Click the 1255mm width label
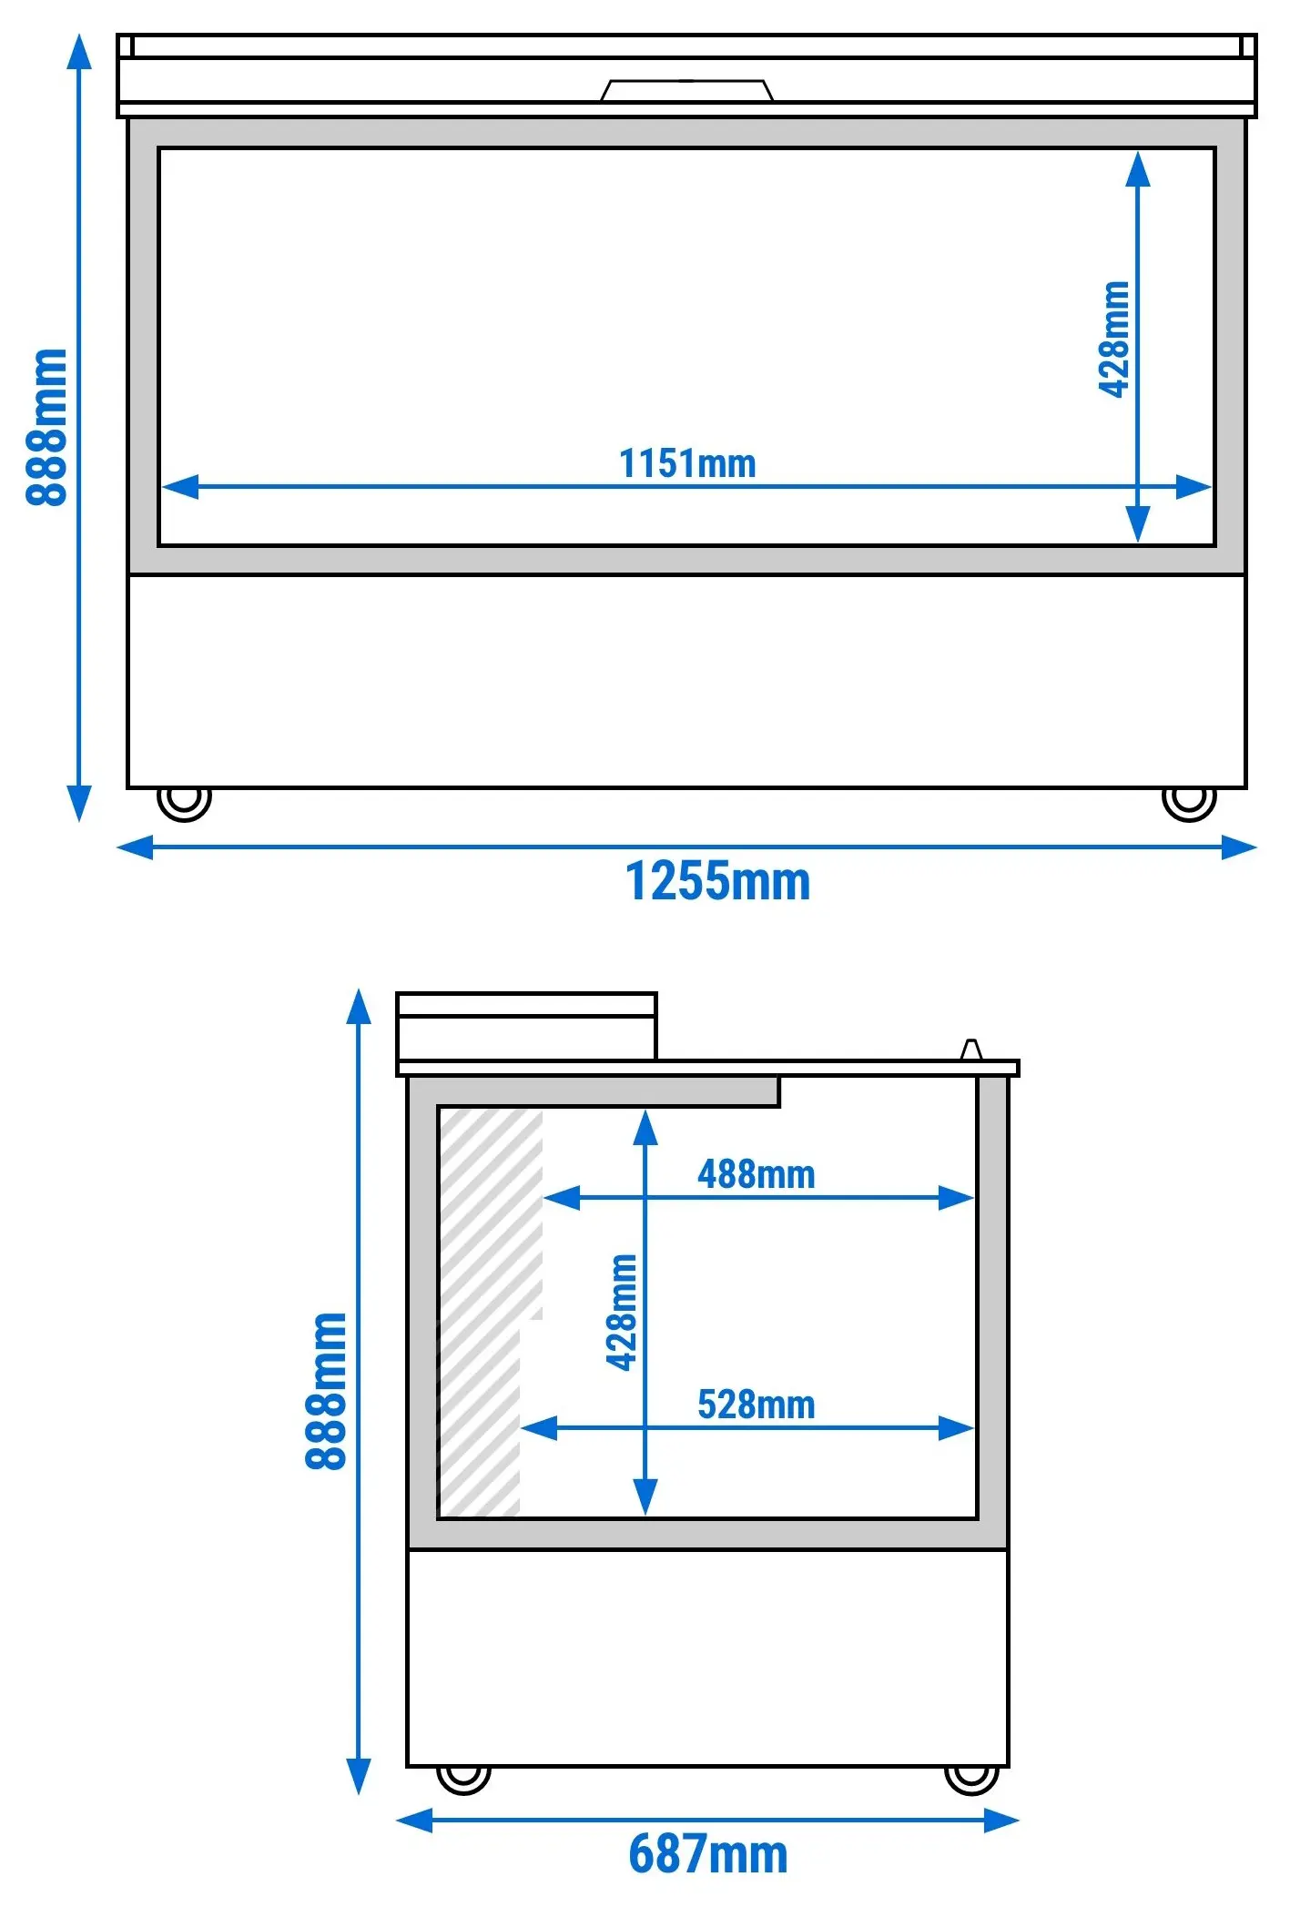(717, 881)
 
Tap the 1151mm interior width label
(687, 463)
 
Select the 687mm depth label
(708, 1853)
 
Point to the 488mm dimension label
(757, 1174)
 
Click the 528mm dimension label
(757, 1405)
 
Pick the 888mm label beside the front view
(46, 427)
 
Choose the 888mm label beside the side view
(326, 1391)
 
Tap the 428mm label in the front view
(1114, 340)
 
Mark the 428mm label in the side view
(622, 1312)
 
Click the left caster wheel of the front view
(184, 803)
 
